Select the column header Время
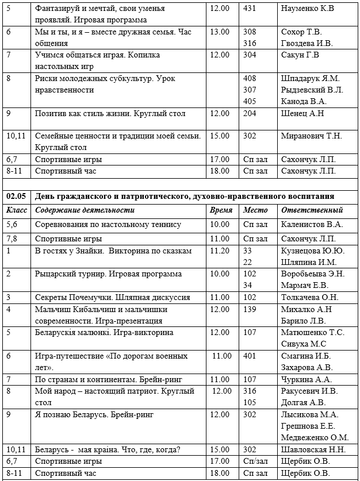point(221,210)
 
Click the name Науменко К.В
point(307,9)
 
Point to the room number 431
point(250,9)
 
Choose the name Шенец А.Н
point(302,113)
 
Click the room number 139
point(250,309)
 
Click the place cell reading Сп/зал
point(255,461)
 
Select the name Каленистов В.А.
point(312,224)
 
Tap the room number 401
point(250,356)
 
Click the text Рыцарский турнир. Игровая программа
point(108,274)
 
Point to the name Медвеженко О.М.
point(315,437)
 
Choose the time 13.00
point(220,32)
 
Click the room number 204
point(250,113)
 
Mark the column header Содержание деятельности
point(85,210)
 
